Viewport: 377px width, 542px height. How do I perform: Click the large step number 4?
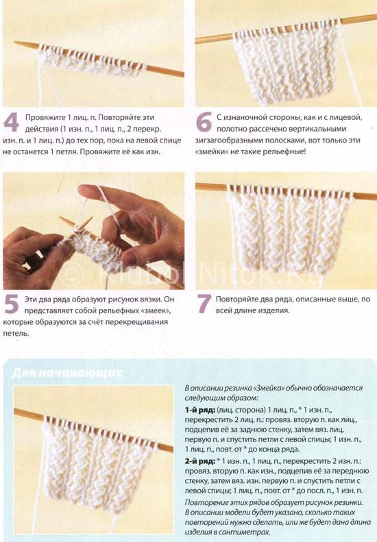click(11, 122)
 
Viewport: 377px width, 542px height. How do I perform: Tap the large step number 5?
click(11, 304)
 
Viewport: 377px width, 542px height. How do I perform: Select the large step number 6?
click(204, 122)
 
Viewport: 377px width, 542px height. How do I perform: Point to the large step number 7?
click(204, 304)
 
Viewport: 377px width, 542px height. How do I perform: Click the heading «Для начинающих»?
click(66, 373)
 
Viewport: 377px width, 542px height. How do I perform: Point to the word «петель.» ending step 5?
click(16, 334)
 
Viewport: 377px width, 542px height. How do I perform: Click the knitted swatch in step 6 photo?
click(287, 64)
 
